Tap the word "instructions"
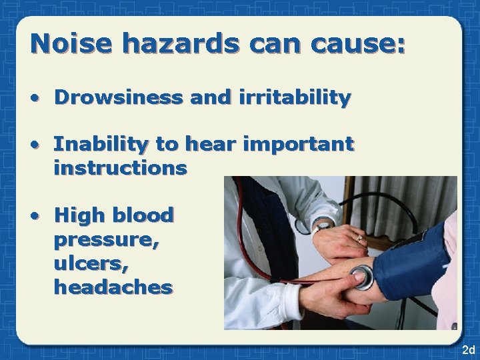121,169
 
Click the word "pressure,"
107,239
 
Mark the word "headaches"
113,287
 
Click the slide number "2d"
467,350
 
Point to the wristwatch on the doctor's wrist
325,223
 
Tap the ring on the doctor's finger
359,237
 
